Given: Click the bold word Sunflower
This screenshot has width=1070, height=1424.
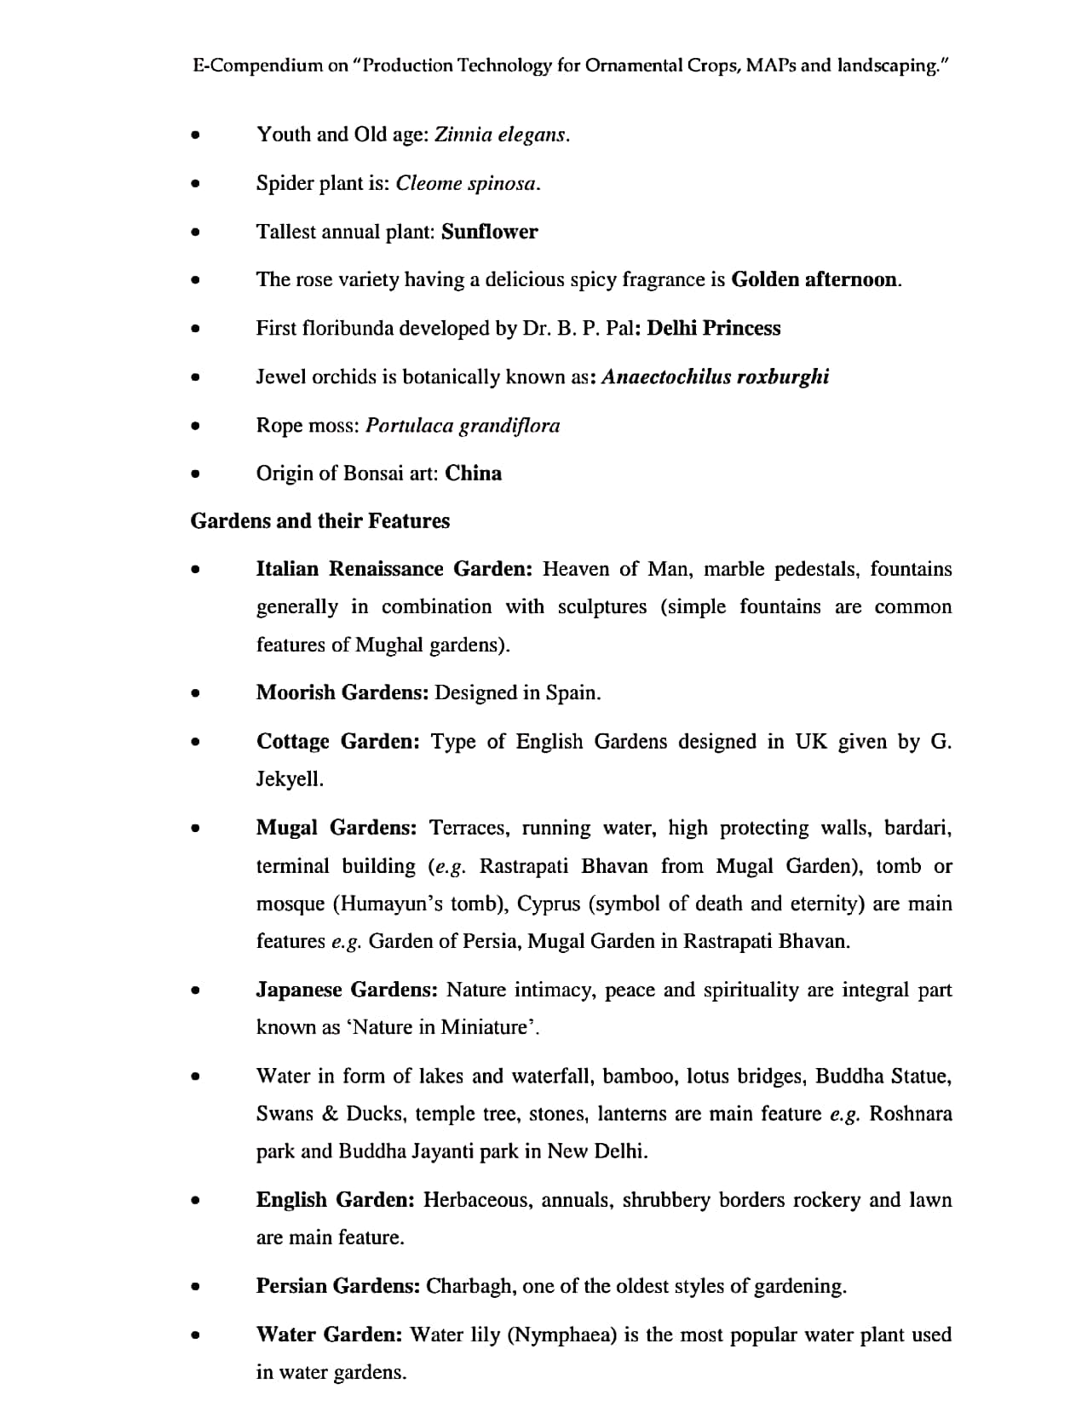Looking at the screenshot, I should [x=489, y=232].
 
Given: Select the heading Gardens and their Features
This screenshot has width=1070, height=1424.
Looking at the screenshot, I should [x=319, y=521].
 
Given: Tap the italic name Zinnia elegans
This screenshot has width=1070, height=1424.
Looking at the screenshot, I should [x=500, y=135].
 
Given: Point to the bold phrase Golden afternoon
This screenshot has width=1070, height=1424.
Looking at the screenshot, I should [x=814, y=279].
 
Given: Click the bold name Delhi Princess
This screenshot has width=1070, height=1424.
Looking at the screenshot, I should [x=713, y=328].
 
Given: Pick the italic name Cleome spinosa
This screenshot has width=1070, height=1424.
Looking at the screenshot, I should [x=467, y=183].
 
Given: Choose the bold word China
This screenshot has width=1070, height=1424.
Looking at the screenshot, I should [x=473, y=474].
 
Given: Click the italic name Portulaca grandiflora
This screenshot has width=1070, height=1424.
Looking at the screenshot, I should [x=463, y=425].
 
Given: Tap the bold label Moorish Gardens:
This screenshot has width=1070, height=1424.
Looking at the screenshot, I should [x=342, y=692].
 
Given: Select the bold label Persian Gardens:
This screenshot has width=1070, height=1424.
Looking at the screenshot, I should [x=337, y=1286].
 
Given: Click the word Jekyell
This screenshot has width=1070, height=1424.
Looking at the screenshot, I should [x=289, y=778].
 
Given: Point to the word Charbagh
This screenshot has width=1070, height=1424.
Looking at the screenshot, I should [x=470, y=1286].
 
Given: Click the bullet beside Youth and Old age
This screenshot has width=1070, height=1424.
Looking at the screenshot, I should [x=196, y=135].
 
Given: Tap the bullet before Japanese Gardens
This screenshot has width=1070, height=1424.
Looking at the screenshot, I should [x=196, y=990].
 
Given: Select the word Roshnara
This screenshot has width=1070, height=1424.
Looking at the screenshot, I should [x=911, y=1114].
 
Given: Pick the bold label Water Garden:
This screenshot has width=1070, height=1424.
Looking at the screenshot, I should [x=329, y=1335].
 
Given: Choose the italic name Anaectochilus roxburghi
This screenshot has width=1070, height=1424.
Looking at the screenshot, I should [x=715, y=376].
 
